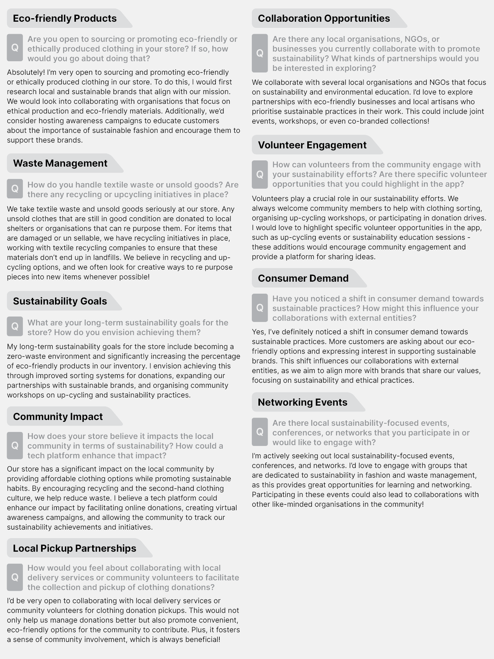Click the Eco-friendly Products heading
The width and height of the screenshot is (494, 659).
[x=65, y=19]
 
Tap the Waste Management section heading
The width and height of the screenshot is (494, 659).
[x=60, y=163]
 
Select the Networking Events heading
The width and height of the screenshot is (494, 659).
[x=302, y=403]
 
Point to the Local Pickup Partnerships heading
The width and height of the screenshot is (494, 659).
[x=74, y=549]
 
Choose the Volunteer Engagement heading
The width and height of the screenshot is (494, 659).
[x=312, y=145]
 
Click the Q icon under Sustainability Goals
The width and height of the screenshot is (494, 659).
[x=15, y=327]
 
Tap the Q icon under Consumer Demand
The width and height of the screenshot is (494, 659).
[x=260, y=308]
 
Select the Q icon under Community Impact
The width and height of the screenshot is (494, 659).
[x=15, y=446]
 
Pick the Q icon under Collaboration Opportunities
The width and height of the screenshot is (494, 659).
[x=260, y=53]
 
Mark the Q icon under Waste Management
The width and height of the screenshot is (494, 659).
[x=15, y=189]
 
